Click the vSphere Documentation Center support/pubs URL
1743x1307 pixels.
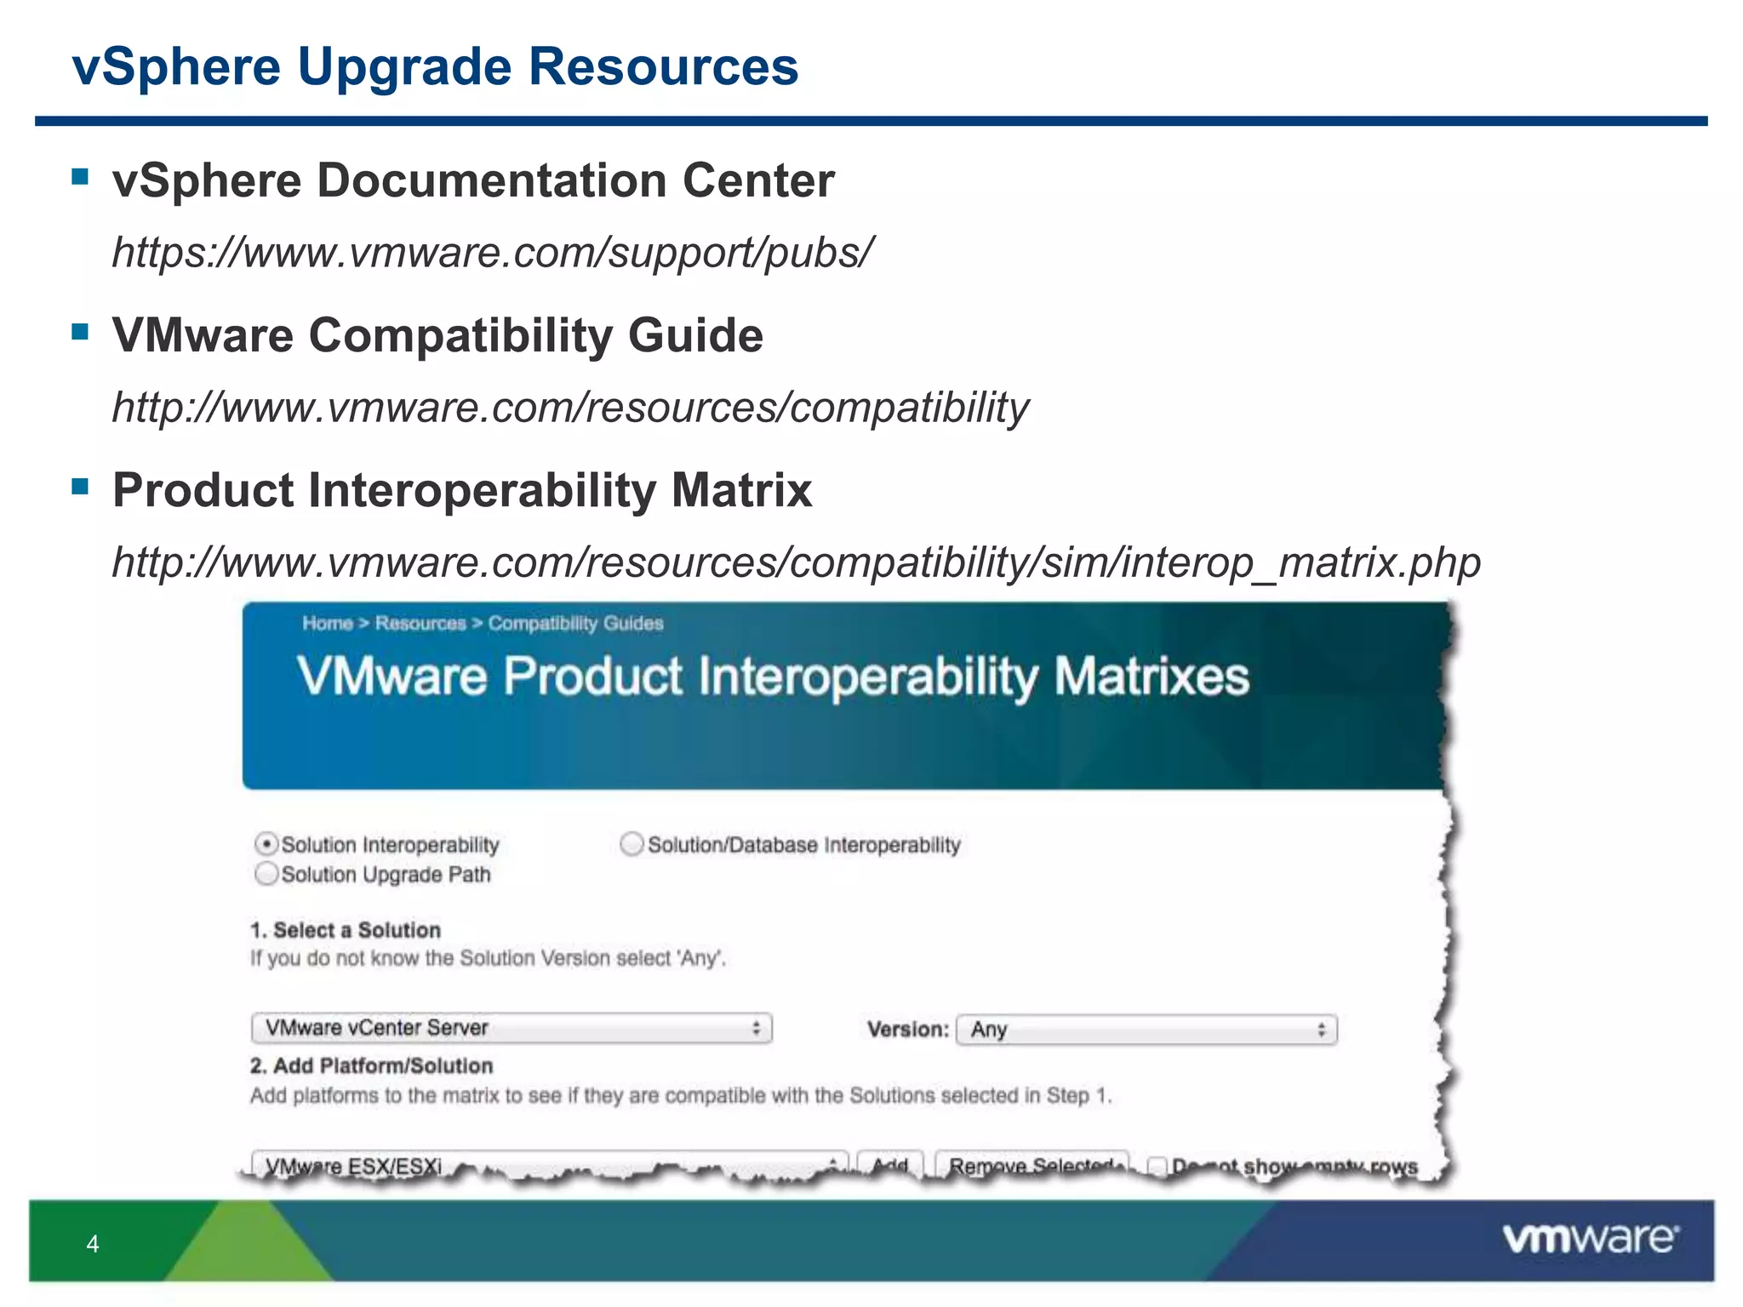coord(492,252)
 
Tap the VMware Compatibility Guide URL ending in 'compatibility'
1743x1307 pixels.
coord(570,407)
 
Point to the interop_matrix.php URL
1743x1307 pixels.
coord(796,562)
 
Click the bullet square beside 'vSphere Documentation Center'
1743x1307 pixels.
coord(81,177)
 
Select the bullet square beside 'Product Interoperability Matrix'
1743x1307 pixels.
coord(81,487)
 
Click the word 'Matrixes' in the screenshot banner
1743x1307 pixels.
coord(1152,677)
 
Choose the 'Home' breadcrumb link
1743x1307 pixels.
coord(328,624)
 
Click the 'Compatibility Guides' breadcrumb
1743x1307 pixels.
coord(575,624)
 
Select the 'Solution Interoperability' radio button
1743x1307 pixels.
coord(266,844)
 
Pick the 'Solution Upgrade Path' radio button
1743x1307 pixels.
coord(266,874)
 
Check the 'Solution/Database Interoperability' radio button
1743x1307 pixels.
coord(631,844)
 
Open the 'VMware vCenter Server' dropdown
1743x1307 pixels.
coord(511,1028)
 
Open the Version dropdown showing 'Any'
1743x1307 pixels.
coord(1146,1030)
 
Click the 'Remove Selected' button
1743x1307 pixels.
coord(1032,1165)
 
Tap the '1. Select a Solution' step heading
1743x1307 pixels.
coord(346,930)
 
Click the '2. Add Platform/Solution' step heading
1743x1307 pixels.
coord(371,1065)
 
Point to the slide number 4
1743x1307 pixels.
coord(93,1244)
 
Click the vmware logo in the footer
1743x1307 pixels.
coord(1590,1239)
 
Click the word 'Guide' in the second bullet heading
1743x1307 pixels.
coord(694,335)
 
